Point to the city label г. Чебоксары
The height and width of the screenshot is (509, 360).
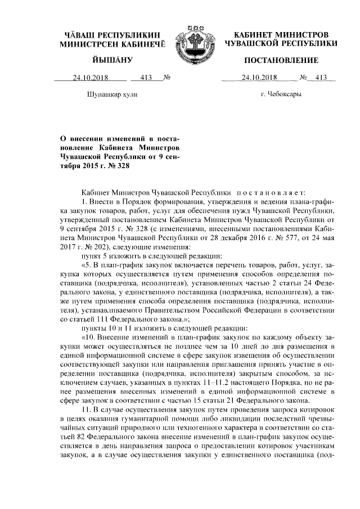point(281,94)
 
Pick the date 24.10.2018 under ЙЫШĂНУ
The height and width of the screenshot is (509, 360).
point(89,78)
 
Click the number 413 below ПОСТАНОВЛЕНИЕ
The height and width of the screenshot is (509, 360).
point(321,78)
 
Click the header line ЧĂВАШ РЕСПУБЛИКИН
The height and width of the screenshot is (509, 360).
point(111,35)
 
